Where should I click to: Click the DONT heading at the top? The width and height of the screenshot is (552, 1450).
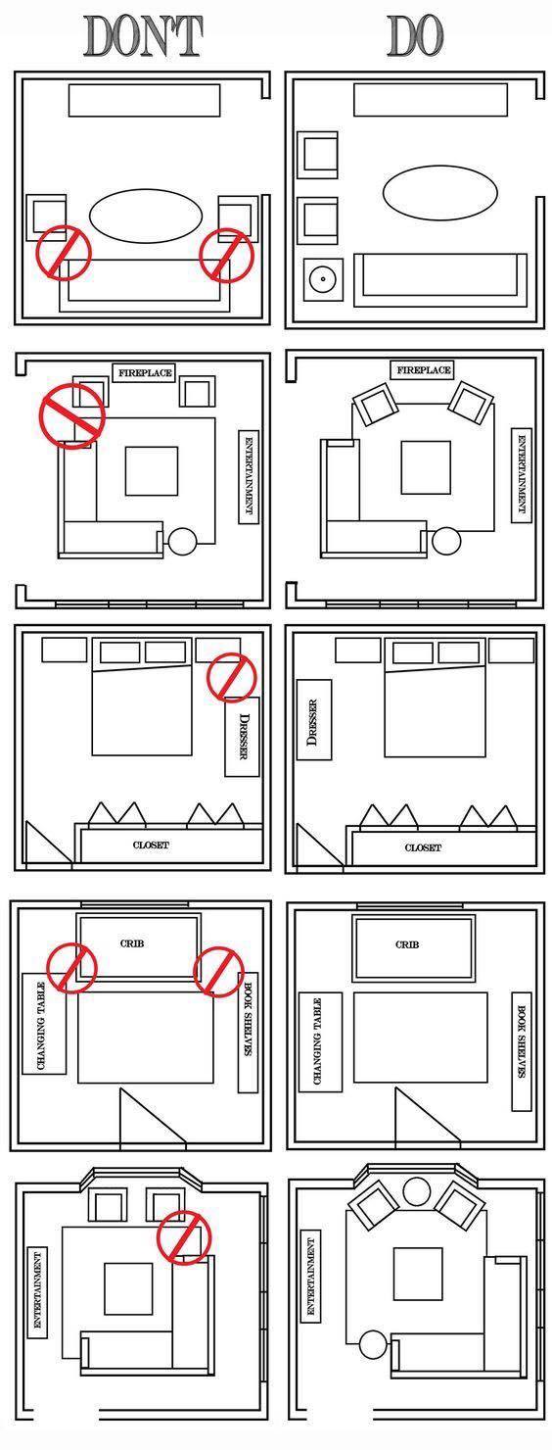[144, 36]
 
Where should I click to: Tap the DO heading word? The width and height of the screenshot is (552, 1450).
[415, 36]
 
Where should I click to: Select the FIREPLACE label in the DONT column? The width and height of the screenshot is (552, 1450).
[146, 372]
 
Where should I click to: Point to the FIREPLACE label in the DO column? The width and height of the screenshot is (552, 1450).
[423, 370]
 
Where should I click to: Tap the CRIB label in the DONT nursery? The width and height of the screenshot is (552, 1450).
[132, 943]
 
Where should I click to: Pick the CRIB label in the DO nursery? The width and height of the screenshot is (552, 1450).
[407, 944]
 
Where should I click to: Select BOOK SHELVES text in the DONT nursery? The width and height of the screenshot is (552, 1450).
[249, 1019]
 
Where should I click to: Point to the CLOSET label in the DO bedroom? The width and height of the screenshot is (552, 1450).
[423, 847]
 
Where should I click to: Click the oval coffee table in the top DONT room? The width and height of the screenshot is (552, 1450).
[145, 217]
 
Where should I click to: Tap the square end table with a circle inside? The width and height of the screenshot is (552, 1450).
[321, 280]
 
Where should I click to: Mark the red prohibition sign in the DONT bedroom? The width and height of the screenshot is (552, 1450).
[231, 677]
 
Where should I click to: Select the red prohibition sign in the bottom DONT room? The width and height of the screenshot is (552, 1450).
[184, 1236]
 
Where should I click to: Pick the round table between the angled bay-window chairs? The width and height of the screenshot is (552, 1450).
[417, 1191]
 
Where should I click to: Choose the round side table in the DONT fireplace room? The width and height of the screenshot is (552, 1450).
[182, 541]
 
